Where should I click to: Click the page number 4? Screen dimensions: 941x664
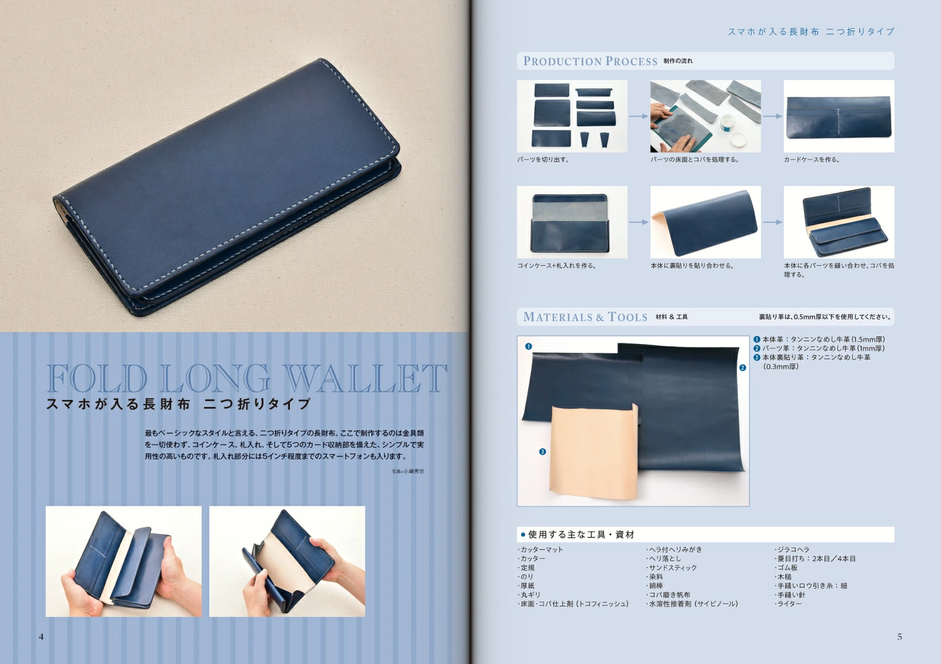coord(41,637)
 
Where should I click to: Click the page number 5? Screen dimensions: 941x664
coord(899,637)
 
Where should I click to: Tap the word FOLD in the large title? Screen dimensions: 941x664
coord(97,378)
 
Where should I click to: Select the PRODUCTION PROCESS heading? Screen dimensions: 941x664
coord(590,61)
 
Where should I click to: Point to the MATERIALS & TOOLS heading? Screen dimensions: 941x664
coord(585,317)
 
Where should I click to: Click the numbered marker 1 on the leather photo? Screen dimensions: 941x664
coord(529,346)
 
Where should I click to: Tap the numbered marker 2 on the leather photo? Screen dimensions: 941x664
coord(743,368)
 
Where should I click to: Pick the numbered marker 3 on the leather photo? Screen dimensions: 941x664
coord(542,452)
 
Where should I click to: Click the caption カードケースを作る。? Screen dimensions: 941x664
coord(812,159)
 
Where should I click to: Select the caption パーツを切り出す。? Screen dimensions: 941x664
coord(543,159)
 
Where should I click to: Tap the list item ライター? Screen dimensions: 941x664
coord(788,603)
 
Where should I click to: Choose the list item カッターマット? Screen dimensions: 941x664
coord(540,549)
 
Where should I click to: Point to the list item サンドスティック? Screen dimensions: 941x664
coord(671,568)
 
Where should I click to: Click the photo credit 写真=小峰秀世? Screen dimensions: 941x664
coord(408,471)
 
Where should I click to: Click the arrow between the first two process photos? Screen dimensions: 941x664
coord(639,116)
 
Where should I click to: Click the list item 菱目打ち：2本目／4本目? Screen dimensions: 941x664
coord(815,559)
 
